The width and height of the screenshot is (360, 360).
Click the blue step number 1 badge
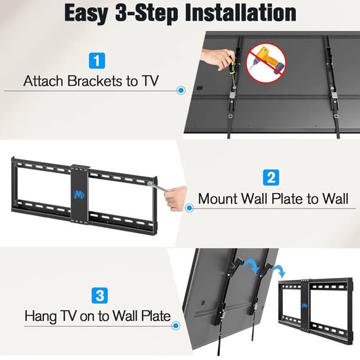click(97, 61)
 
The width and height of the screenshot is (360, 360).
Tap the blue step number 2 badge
click(271, 177)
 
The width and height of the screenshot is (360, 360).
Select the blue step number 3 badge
click(99, 295)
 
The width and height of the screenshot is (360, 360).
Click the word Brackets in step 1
click(94, 81)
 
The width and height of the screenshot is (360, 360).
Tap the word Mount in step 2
click(218, 199)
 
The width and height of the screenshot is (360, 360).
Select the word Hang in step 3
click(40, 317)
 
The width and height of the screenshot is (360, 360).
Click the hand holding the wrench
click(176, 198)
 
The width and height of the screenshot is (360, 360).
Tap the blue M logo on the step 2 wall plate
click(79, 194)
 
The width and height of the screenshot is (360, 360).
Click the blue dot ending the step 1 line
click(181, 90)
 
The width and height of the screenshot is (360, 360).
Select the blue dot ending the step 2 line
click(189, 208)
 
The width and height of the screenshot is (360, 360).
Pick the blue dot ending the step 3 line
click(176, 326)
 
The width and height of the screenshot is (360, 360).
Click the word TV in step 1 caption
click(150, 81)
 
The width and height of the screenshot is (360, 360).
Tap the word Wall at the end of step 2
click(336, 199)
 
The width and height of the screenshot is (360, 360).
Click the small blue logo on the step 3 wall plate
click(305, 306)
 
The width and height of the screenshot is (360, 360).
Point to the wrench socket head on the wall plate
click(150, 183)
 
